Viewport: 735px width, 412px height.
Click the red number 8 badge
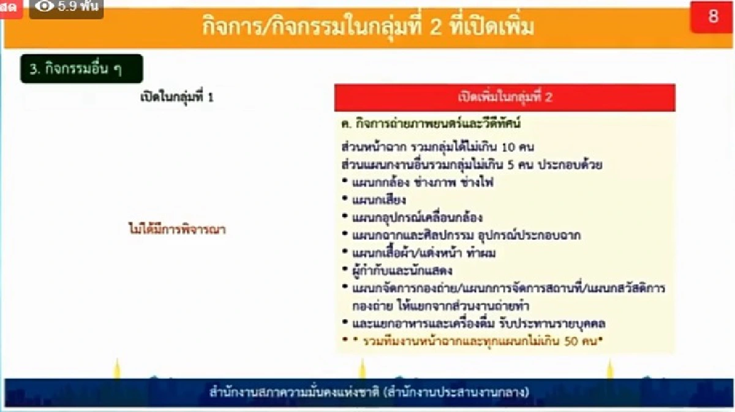[712, 17]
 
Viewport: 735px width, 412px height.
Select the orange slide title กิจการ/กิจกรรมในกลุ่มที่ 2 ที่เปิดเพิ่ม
[368, 27]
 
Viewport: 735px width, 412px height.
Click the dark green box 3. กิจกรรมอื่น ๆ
[81, 69]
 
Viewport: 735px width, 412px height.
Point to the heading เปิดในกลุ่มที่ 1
[177, 97]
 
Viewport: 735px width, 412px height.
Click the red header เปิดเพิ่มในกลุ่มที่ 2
[505, 97]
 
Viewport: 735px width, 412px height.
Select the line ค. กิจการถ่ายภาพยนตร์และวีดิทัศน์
[431, 124]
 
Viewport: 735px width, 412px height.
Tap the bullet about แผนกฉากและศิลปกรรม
[466, 235]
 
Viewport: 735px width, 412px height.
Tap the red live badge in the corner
[10, 8]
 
